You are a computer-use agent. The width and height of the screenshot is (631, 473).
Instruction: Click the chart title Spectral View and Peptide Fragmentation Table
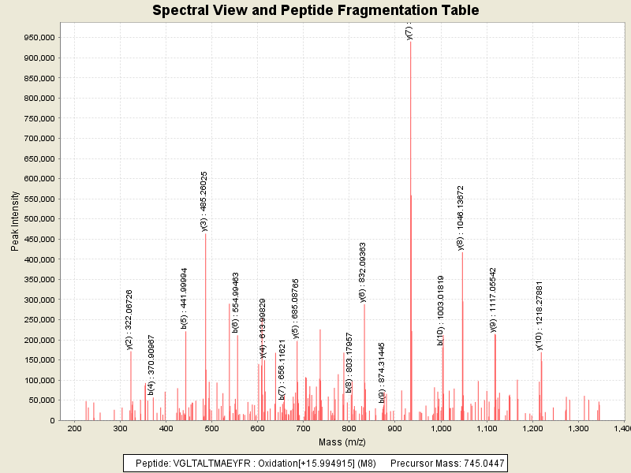coord(315,10)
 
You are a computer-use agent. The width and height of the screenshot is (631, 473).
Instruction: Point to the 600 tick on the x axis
coord(258,428)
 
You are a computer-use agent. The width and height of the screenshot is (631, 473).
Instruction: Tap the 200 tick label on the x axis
coord(74,428)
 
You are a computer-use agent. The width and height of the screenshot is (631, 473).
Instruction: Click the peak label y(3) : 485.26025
coord(204,201)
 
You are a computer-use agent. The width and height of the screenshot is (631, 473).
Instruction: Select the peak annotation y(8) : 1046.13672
coord(461,218)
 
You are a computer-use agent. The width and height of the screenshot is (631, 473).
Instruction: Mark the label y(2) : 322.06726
coord(129,319)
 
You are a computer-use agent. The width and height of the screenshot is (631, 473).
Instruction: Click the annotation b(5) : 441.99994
coord(185,297)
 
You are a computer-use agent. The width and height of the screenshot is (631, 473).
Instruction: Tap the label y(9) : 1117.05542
coord(494,300)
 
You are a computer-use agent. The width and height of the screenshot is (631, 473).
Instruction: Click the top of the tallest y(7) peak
coord(411,42)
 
